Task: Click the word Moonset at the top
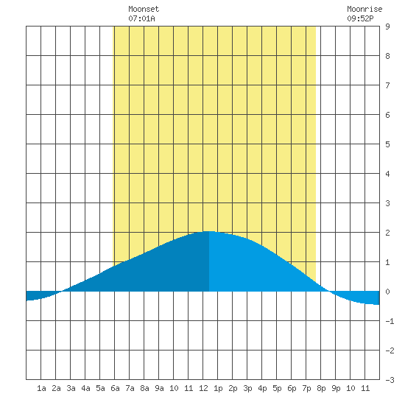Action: click(x=144, y=9)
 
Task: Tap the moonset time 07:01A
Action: click(x=141, y=18)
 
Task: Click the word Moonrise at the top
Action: click(x=364, y=9)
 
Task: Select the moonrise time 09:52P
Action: click(x=360, y=18)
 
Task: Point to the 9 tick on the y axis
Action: click(x=387, y=27)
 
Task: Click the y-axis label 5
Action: click(x=387, y=144)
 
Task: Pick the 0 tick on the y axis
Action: click(x=387, y=292)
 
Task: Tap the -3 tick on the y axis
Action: click(x=390, y=380)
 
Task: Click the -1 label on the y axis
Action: click(x=390, y=321)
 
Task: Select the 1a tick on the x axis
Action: click(x=41, y=388)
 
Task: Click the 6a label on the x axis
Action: click(x=115, y=388)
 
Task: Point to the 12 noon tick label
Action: click(x=203, y=388)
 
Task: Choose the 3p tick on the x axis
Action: click(x=247, y=388)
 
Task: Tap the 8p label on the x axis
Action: click(x=321, y=388)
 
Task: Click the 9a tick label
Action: click(x=159, y=388)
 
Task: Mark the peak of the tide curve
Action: click(x=209, y=231)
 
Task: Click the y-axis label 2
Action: click(x=387, y=233)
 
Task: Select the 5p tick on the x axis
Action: click(x=277, y=388)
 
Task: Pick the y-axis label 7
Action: click(x=387, y=85)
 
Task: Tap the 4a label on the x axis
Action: click(x=85, y=388)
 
